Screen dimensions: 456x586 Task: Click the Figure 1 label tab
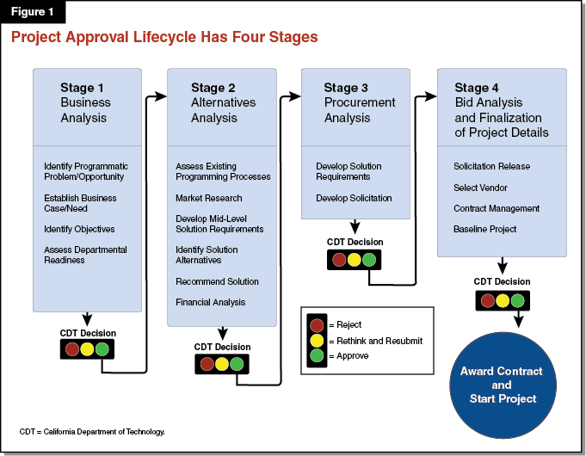click(x=32, y=12)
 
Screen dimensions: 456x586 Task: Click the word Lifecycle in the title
click(x=170, y=37)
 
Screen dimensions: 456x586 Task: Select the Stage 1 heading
click(x=83, y=87)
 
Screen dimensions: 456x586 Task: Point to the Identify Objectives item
click(x=79, y=229)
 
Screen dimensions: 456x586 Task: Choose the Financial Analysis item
click(x=211, y=302)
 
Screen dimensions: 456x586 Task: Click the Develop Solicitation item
click(x=354, y=198)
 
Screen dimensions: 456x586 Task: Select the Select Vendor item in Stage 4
click(x=480, y=187)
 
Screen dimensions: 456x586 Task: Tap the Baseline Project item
click(x=485, y=229)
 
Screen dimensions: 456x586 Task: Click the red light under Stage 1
click(x=71, y=349)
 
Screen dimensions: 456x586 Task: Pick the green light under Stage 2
click(x=237, y=363)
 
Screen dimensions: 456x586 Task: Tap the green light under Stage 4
click(x=516, y=300)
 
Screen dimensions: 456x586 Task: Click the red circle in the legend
click(x=317, y=324)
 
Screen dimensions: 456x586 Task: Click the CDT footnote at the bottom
click(x=92, y=431)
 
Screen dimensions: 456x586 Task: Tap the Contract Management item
click(x=497, y=208)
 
